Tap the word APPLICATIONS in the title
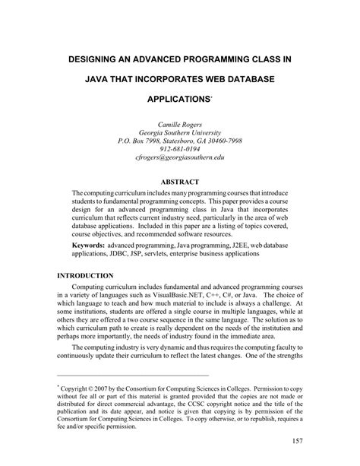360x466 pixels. pyautogui.click(x=172, y=99)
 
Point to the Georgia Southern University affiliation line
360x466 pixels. pyautogui.click(x=180, y=132)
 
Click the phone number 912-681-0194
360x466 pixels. pyautogui.click(x=180, y=151)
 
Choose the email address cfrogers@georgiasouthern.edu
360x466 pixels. pyautogui.click(x=180, y=160)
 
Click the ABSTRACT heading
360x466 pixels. pyautogui.click(x=180, y=182)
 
